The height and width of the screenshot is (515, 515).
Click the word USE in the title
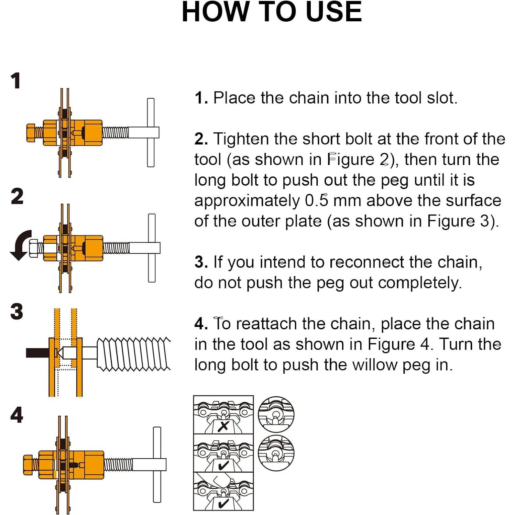point(333,12)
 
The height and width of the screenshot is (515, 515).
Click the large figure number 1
point(15,81)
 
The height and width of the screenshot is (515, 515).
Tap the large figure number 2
point(17,196)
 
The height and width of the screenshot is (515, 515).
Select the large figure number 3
point(17,312)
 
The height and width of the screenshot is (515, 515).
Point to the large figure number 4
point(17,415)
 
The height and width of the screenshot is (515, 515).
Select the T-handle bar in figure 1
point(151,132)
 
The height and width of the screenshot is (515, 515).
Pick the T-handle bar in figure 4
point(157,464)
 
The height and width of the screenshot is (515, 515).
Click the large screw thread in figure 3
point(133,354)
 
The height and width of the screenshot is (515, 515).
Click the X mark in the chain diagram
point(223,426)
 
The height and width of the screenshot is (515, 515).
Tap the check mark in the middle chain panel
point(223,465)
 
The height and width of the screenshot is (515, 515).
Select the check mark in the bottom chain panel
point(223,504)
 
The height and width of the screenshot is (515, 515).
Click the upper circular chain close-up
point(276,414)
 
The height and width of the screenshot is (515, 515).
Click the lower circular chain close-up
point(276,452)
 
